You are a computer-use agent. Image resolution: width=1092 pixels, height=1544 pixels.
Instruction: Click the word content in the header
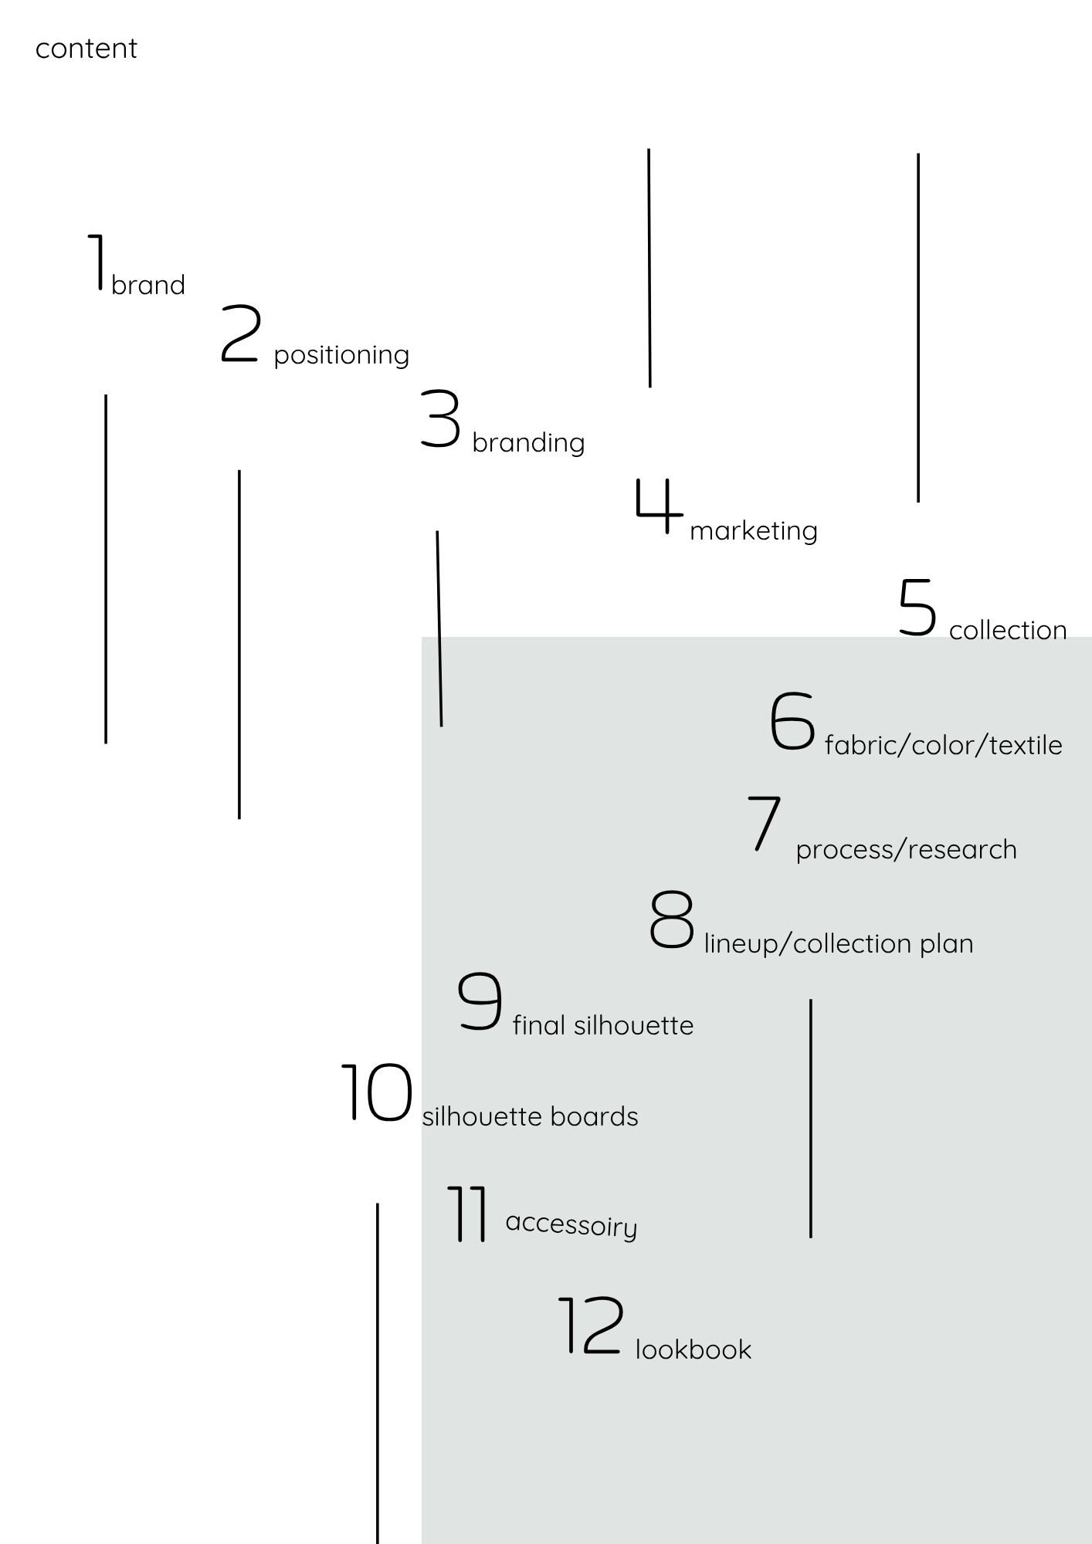[86, 49]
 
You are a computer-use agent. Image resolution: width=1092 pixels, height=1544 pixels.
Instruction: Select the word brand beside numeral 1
[148, 285]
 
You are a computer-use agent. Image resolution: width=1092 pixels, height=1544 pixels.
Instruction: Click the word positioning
[341, 355]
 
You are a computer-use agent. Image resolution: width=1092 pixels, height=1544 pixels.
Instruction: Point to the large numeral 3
[440, 419]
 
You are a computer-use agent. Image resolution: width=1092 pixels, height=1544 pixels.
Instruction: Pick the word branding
[528, 442]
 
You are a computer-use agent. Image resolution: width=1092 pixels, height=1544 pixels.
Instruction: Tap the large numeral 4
[660, 506]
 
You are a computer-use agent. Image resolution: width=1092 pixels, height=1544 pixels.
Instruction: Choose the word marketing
[753, 530]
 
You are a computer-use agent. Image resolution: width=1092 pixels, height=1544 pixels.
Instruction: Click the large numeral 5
[917, 608]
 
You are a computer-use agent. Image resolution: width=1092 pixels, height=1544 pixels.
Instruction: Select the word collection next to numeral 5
[1008, 630]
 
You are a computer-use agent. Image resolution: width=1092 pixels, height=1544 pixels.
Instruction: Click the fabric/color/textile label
[943, 745]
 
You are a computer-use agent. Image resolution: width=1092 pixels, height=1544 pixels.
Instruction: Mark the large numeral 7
[765, 824]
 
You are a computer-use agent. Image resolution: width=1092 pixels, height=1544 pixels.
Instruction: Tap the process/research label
[906, 849]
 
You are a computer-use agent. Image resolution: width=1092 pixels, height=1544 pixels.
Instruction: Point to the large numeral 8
[671, 919]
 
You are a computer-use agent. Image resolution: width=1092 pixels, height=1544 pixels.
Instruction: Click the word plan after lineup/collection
[946, 944]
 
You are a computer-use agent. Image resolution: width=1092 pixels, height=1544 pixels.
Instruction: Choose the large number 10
[377, 1092]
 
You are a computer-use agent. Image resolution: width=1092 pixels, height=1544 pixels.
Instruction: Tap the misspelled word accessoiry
[571, 1224]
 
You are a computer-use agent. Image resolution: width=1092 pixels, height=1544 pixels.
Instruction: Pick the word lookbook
[693, 1349]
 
